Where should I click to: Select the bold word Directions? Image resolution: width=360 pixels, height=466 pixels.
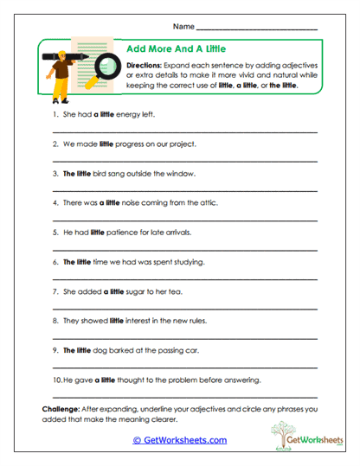click(x=146, y=65)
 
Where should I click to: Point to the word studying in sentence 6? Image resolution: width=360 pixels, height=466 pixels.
click(x=184, y=261)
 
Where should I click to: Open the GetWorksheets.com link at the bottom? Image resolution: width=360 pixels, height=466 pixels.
click(x=179, y=439)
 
